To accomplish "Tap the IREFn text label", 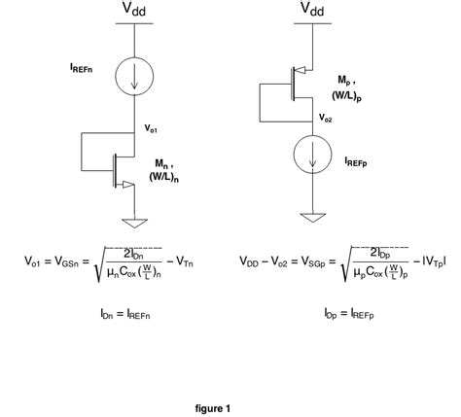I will tap(82, 69).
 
